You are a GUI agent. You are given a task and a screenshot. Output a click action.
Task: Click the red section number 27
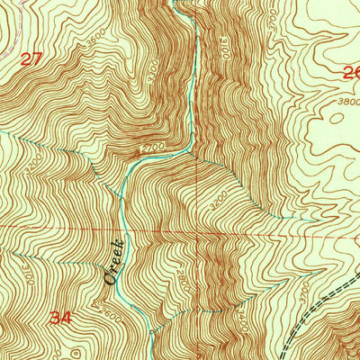[31, 59]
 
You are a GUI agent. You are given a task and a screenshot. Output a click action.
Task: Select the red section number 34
[61, 317]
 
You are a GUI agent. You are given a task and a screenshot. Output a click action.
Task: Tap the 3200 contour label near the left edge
[33, 166]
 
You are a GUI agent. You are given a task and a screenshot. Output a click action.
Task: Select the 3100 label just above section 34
[27, 267]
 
